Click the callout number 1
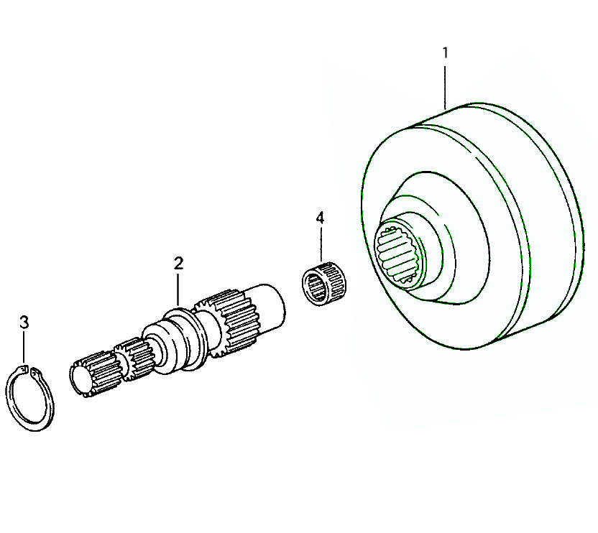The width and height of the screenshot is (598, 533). (446, 52)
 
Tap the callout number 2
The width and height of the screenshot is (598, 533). (178, 263)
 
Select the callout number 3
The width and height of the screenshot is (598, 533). (24, 322)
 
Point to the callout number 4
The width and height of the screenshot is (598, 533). (320, 217)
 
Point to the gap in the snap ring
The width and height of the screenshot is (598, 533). (30, 371)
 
